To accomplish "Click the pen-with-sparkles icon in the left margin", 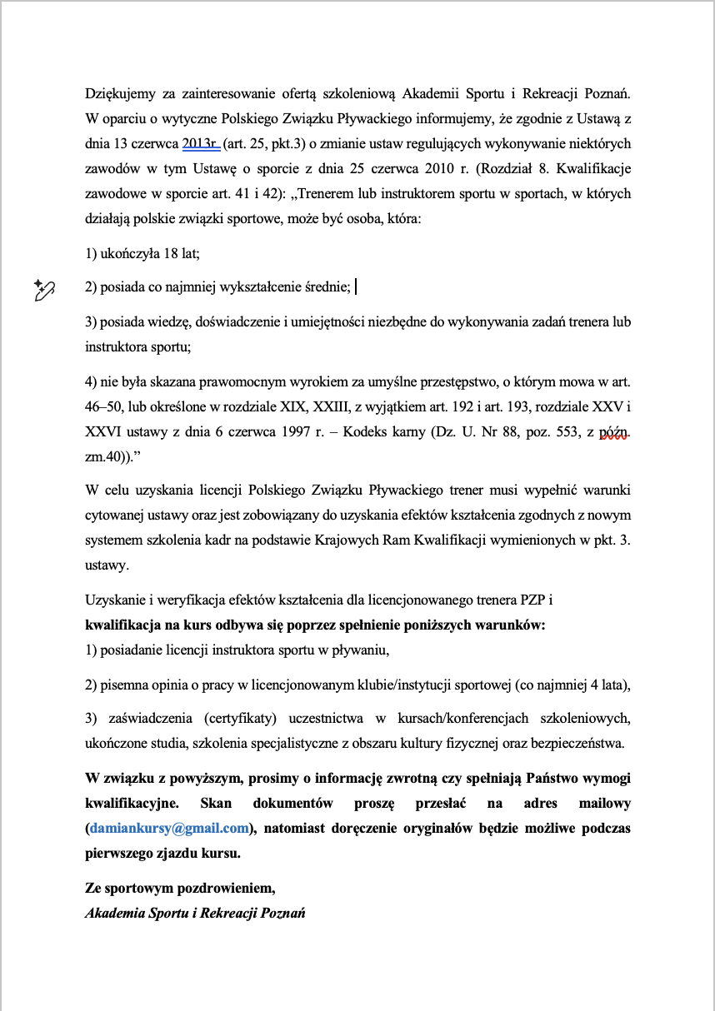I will tap(44, 289).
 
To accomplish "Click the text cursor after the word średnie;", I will tap(356, 288).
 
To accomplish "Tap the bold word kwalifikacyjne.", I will tap(127, 804).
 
